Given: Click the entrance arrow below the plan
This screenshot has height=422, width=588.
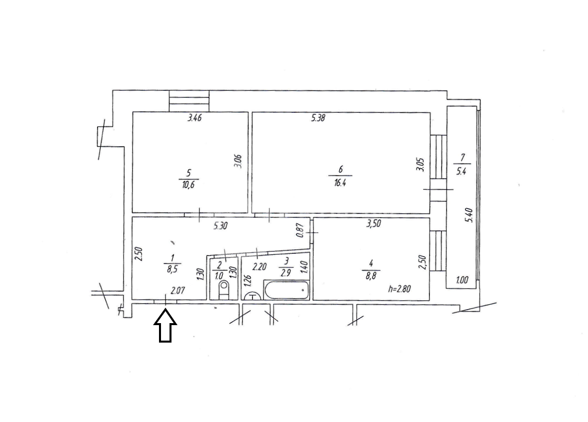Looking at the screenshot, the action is pyautogui.click(x=165, y=325).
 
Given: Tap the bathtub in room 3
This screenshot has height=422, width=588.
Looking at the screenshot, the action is pyautogui.click(x=286, y=290).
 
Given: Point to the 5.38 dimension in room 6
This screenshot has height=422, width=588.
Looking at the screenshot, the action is pyautogui.click(x=317, y=118).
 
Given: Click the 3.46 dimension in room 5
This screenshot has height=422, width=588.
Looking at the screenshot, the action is pyautogui.click(x=194, y=118).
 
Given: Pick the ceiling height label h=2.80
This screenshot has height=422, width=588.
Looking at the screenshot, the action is pyautogui.click(x=400, y=289).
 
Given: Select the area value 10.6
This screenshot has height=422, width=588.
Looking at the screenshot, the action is pyautogui.click(x=188, y=185).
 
